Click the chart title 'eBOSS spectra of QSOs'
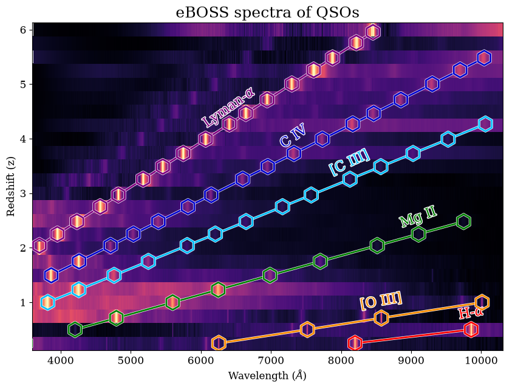click(267, 12)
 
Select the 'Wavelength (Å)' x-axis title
click(267, 376)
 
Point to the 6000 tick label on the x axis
click(201, 360)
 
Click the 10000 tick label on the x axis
click(481, 360)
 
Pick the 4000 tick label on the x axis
click(61, 360)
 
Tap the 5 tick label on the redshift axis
click(23, 85)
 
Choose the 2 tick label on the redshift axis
click(23, 248)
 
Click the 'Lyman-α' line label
click(228, 108)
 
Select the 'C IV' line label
click(293, 135)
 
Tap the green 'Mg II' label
click(418, 216)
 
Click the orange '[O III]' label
click(381, 300)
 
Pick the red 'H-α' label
click(471, 312)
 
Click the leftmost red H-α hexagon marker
click(355, 343)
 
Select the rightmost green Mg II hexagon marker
click(463, 221)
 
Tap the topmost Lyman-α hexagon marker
click(373, 32)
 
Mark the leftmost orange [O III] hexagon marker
click(219, 343)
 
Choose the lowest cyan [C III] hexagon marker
click(47, 302)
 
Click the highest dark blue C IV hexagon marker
click(484, 58)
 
